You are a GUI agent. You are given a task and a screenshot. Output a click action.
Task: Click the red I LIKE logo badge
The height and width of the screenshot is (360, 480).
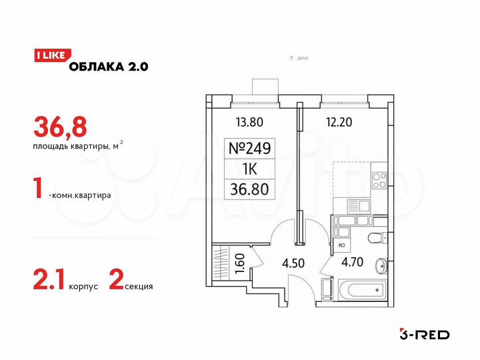49,57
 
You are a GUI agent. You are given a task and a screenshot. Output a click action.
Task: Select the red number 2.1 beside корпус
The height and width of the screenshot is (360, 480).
49,284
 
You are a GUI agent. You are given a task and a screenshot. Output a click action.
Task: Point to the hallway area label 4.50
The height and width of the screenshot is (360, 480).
294,262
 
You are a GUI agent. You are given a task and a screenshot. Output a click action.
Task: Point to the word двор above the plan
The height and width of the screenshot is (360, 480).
302,59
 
